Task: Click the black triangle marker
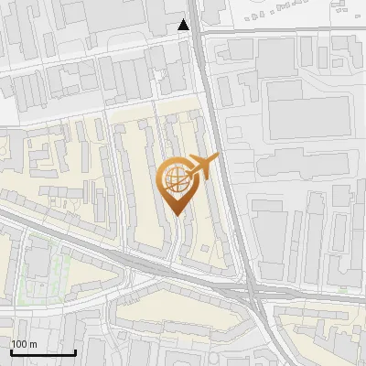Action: pyautogui.click(x=185, y=25)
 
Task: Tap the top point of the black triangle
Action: pyautogui.click(x=185, y=19)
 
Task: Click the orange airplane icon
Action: pyautogui.click(x=202, y=167)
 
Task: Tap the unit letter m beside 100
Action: pyautogui.click(x=34, y=344)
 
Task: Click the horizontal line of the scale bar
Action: pyautogui.click(x=43, y=352)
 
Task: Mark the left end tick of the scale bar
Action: pyautogui.click(x=11, y=350)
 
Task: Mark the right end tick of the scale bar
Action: pyautogui.click(x=75, y=350)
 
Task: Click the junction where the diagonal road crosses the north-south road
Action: pyautogui.click(x=252, y=291)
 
